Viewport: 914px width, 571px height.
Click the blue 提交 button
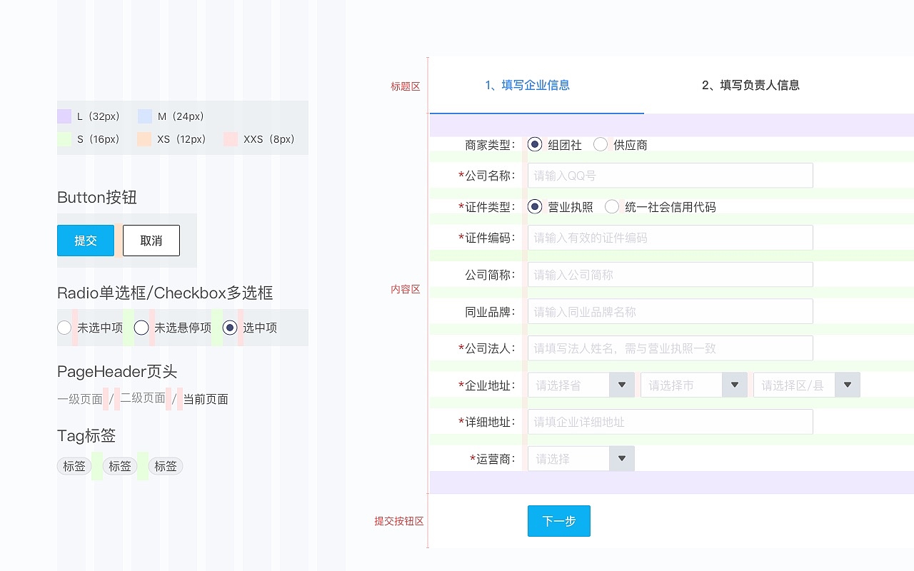click(86, 241)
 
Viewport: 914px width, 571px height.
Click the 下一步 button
click(558, 521)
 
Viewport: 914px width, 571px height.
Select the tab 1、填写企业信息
click(527, 86)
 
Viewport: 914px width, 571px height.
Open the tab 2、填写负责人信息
click(750, 86)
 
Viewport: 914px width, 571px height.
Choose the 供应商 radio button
click(601, 145)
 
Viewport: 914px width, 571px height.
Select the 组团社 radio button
click(535, 145)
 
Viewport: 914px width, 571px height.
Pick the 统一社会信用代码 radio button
click(612, 207)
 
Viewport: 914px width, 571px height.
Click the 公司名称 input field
click(670, 176)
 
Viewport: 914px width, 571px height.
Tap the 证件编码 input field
click(670, 238)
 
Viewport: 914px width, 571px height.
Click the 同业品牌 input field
click(670, 311)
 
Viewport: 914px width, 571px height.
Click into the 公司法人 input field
click(670, 348)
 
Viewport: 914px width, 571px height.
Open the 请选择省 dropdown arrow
click(622, 385)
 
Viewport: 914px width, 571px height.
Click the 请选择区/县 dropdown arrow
click(848, 385)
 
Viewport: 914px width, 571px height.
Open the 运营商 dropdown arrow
click(622, 458)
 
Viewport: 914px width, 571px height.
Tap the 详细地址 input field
click(670, 422)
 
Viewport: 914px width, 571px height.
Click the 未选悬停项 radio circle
click(141, 328)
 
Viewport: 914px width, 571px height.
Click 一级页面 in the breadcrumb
click(80, 399)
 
